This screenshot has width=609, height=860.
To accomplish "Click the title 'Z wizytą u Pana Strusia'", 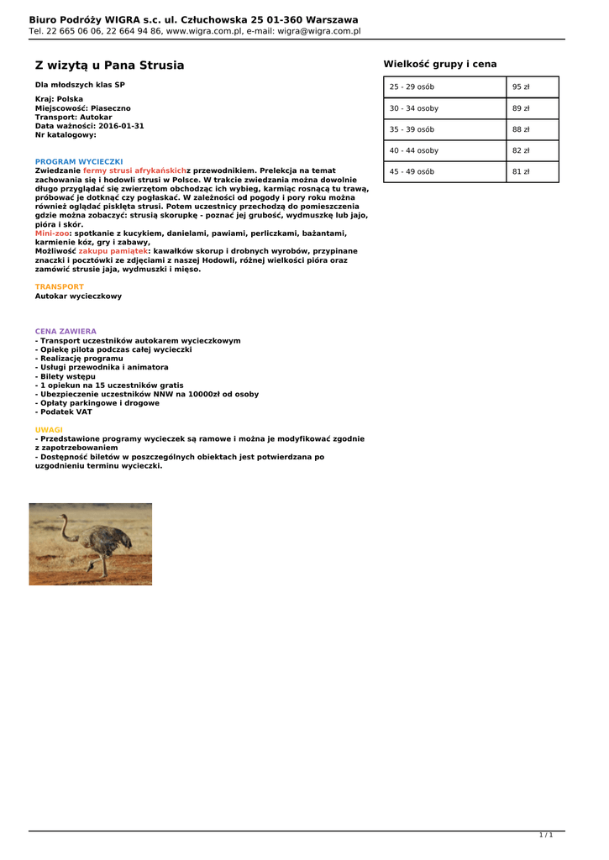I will [x=109, y=66].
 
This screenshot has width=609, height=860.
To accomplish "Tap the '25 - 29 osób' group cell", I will [x=445, y=87].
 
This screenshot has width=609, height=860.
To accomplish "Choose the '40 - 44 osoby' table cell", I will [x=445, y=150].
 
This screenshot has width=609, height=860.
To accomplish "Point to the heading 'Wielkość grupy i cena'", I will [x=440, y=64].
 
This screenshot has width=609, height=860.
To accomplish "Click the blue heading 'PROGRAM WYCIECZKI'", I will [x=79, y=161].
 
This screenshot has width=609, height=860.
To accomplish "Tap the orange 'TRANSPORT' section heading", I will [x=60, y=287].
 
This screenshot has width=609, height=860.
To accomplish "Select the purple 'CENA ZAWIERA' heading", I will [x=66, y=332].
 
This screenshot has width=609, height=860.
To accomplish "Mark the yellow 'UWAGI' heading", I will [x=49, y=430].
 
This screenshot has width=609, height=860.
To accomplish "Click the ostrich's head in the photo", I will [x=63, y=518].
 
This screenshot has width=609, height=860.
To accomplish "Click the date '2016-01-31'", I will [x=122, y=126].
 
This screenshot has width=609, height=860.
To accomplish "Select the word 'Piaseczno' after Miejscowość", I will [x=111, y=108].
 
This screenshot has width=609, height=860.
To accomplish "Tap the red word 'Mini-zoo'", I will [x=51, y=233].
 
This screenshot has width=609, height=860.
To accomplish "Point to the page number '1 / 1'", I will [x=546, y=835].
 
